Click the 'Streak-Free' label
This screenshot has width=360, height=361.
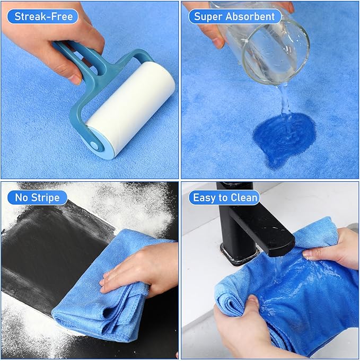coord(42,16)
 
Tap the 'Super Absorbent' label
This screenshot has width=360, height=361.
coord(234,16)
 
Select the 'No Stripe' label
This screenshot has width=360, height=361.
coord(37,198)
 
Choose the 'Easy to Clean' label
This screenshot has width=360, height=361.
coord(225,198)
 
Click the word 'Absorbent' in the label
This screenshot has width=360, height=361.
coord(250,16)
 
